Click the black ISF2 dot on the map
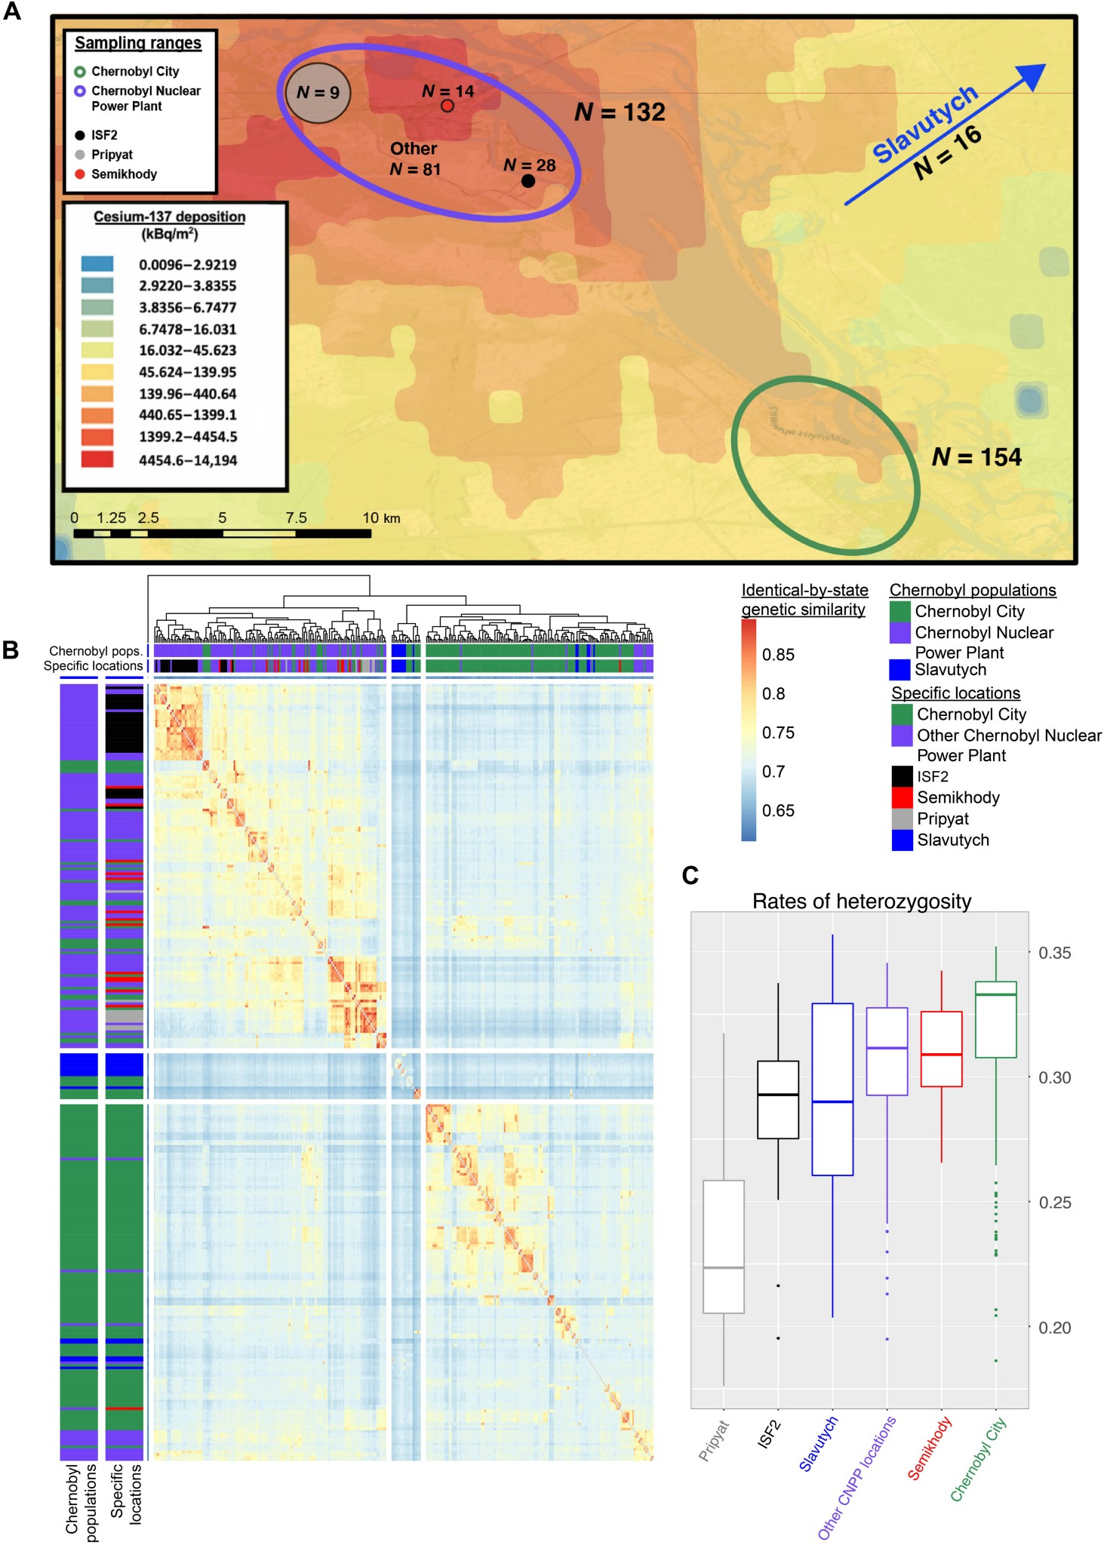pyautogui.click(x=528, y=181)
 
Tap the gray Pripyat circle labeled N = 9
pyautogui.click(x=318, y=93)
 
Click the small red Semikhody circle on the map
pyautogui.click(x=447, y=106)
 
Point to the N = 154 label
pyautogui.click(x=976, y=457)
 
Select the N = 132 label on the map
pyautogui.click(x=620, y=112)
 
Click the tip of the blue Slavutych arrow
pyautogui.click(x=1043, y=66)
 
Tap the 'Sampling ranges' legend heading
pyautogui.click(x=138, y=43)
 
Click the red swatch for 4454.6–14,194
pyautogui.click(x=97, y=459)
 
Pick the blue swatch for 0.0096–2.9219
pyautogui.click(x=97, y=264)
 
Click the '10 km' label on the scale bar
pyautogui.click(x=381, y=518)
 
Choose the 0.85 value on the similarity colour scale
pyautogui.click(x=778, y=655)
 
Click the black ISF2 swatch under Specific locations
pyautogui.click(x=902, y=776)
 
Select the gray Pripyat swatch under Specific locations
pyautogui.click(x=902, y=819)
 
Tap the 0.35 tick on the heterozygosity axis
pyautogui.click(x=1054, y=953)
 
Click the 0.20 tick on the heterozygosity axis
pyautogui.click(x=1054, y=1328)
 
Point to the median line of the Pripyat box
pyautogui.click(x=724, y=1268)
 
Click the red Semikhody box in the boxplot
pyautogui.click(x=941, y=1049)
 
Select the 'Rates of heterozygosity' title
pyautogui.click(x=862, y=902)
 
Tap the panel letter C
pyautogui.click(x=690, y=875)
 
